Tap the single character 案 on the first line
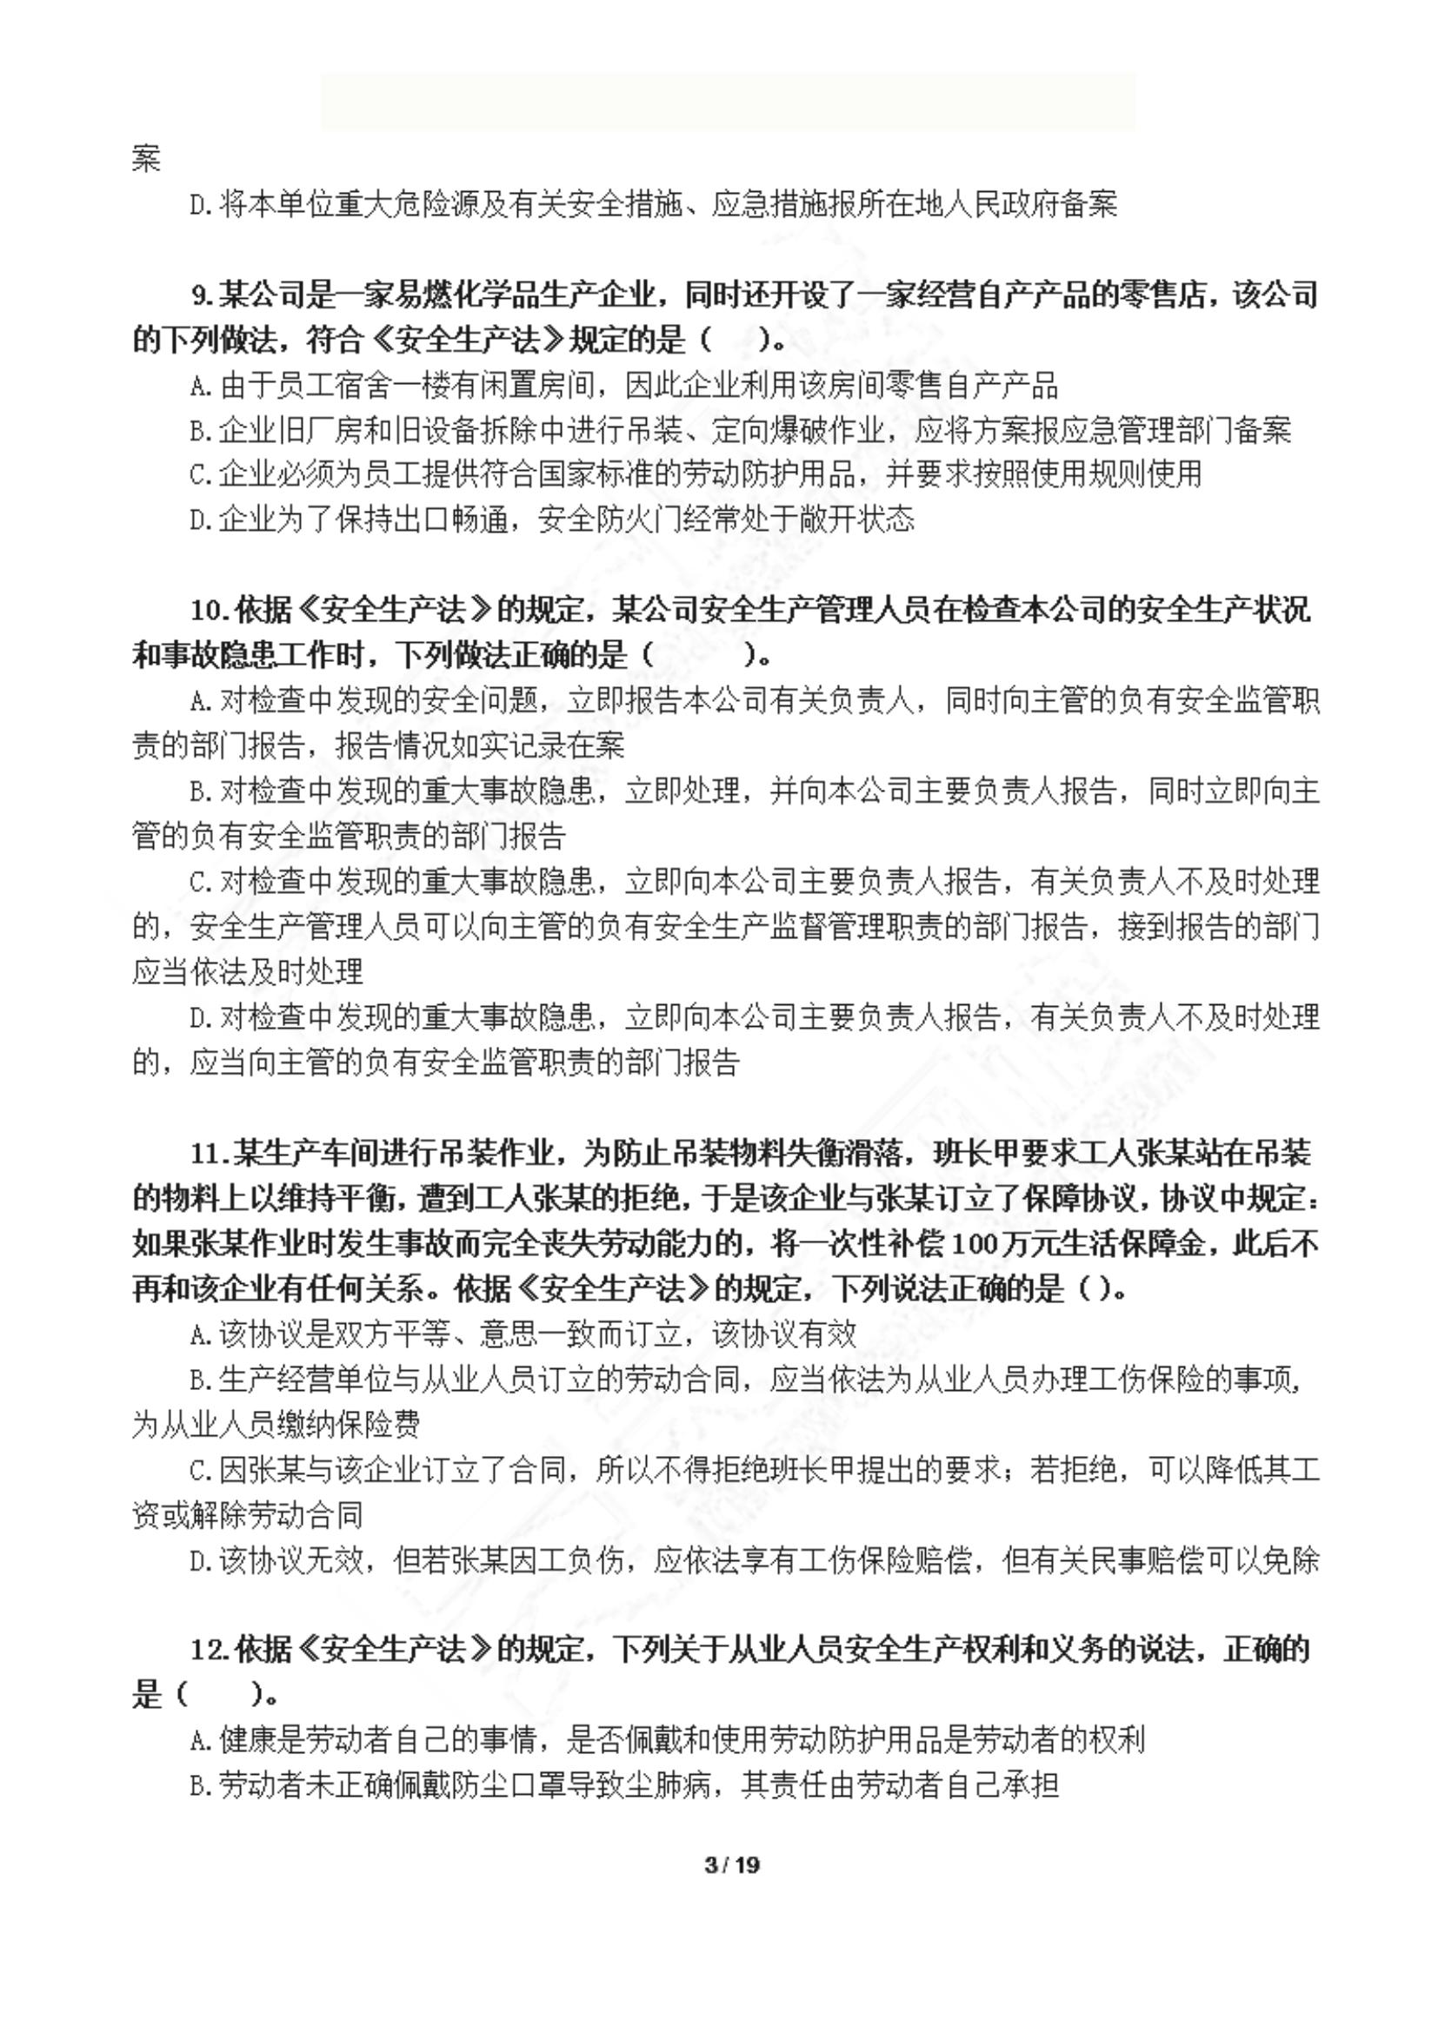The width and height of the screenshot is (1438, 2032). pyautogui.click(x=146, y=158)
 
